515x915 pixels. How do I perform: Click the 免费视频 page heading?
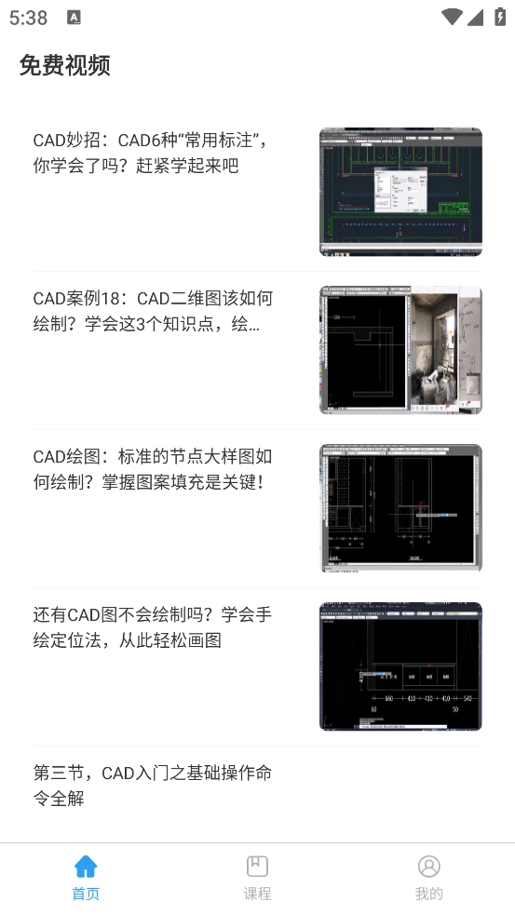[x=65, y=65]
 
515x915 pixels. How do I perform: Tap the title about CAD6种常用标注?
[x=151, y=153]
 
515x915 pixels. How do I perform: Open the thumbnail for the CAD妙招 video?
[x=400, y=192]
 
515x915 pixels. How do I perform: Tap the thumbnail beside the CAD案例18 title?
[x=400, y=350]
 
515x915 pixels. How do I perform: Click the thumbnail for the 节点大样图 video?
[x=400, y=508]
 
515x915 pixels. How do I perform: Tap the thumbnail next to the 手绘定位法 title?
[x=400, y=666]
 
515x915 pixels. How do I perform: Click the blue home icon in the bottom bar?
[x=86, y=867]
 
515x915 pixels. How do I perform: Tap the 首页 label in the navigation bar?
[x=86, y=894]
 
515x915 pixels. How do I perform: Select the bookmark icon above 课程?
[x=257, y=867]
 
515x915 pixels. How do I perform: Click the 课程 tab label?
[x=257, y=894]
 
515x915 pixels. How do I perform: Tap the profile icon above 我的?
[x=428, y=867]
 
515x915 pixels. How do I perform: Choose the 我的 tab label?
[x=428, y=894]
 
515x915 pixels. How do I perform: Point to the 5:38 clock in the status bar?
[x=28, y=18]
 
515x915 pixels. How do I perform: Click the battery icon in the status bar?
[x=498, y=17]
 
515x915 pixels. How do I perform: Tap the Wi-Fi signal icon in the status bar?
[x=453, y=17]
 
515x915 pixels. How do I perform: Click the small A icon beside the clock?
[x=75, y=18]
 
